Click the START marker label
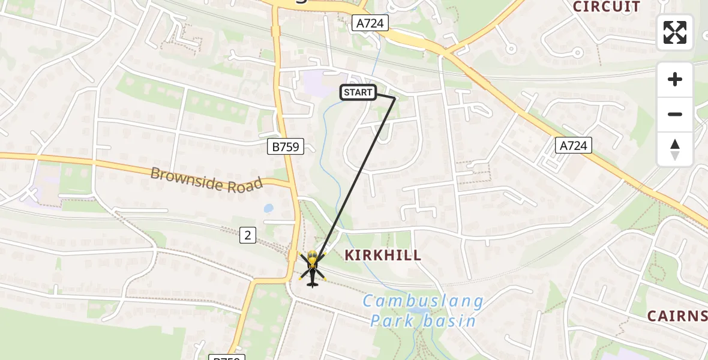click(358, 92)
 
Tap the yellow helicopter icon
click(312, 268)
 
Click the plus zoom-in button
click(675, 79)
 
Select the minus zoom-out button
click(675, 114)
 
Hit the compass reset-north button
click(675, 149)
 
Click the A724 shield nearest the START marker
click(370, 23)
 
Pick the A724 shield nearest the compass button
click(573, 145)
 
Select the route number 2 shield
click(247, 235)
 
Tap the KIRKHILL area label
click(383, 255)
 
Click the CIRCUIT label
click(607, 7)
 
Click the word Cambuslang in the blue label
click(423, 301)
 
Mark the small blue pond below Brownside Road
click(268, 208)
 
